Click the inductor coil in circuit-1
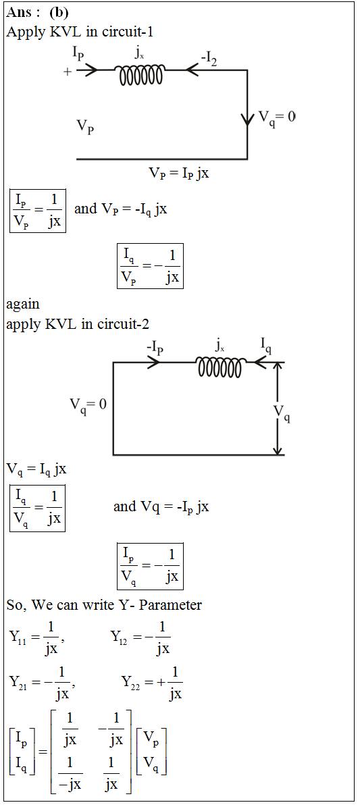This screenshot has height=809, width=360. point(141,76)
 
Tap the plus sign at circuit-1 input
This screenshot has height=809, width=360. point(67,72)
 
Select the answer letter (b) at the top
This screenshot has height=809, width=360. point(58,12)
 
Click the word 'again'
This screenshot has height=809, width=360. point(23,305)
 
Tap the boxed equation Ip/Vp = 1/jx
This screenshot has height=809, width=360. point(38,211)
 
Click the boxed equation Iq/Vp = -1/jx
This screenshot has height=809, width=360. point(150,265)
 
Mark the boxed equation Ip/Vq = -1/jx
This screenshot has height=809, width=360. point(150,566)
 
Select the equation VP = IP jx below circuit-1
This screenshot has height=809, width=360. point(179,174)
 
